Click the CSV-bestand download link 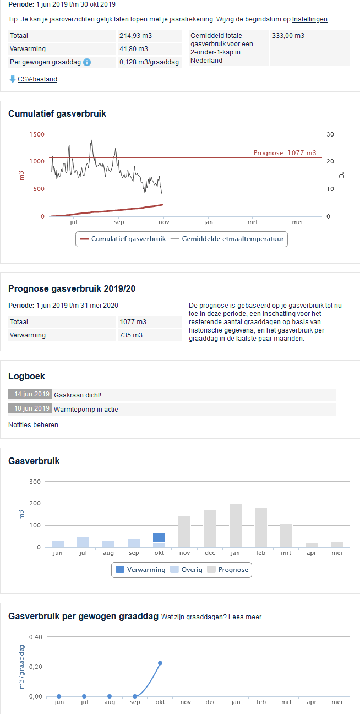click(x=37, y=79)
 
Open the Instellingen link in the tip click(x=309, y=19)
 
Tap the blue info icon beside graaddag click(x=87, y=62)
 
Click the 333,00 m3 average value click(x=288, y=36)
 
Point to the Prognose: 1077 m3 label click(x=285, y=153)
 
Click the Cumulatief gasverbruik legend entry click(x=123, y=239)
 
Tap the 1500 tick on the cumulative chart click(x=37, y=134)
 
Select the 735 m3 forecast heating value click(x=131, y=335)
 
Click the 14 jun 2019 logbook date click(x=30, y=394)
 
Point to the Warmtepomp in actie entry click(x=86, y=409)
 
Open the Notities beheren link click(x=33, y=425)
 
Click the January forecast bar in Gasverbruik click(x=236, y=525)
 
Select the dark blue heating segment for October click(x=159, y=538)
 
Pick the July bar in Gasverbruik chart click(x=83, y=542)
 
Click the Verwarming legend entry click(x=140, y=570)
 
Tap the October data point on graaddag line click(x=160, y=663)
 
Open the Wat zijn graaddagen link click(x=214, y=617)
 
